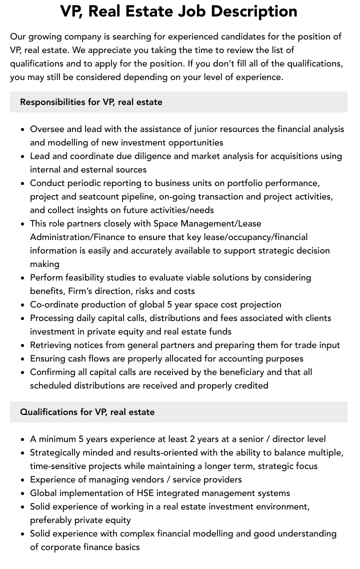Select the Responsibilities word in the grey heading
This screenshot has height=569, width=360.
tap(52, 102)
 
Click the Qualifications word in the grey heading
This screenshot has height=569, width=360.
tap(49, 412)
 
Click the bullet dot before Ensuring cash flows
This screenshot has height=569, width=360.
tap(22, 359)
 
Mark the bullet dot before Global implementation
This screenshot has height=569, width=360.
tap(22, 493)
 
